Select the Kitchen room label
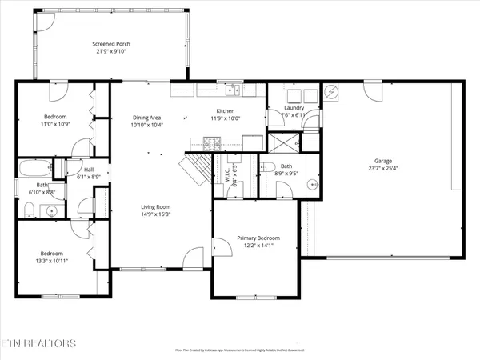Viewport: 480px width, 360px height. [x=226, y=111]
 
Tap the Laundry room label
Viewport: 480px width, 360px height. [x=292, y=108]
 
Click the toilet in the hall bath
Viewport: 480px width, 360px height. [x=28, y=210]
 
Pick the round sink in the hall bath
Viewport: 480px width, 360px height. [x=51, y=212]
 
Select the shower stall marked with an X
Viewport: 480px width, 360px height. [x=283, y=143]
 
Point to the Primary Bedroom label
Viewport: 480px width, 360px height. [x=258, y=238]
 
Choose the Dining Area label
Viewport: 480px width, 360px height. [x=146, y=118]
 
